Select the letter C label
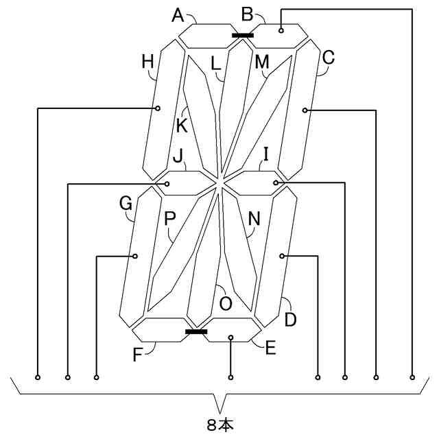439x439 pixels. click(328, 58)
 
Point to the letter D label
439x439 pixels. click(291, 319)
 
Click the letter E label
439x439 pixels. click(270, 348)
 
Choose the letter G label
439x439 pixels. click(126, 203)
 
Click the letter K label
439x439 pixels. click(181, 126)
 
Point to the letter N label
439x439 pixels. click(254, 219)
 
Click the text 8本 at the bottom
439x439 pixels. click(219, 425)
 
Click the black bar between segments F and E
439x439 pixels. click(196, 331)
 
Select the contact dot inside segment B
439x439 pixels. click(281, 30)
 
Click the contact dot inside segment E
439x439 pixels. click(231, 337)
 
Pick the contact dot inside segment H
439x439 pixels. click(158, 108)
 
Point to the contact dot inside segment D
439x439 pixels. click(282, 256)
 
